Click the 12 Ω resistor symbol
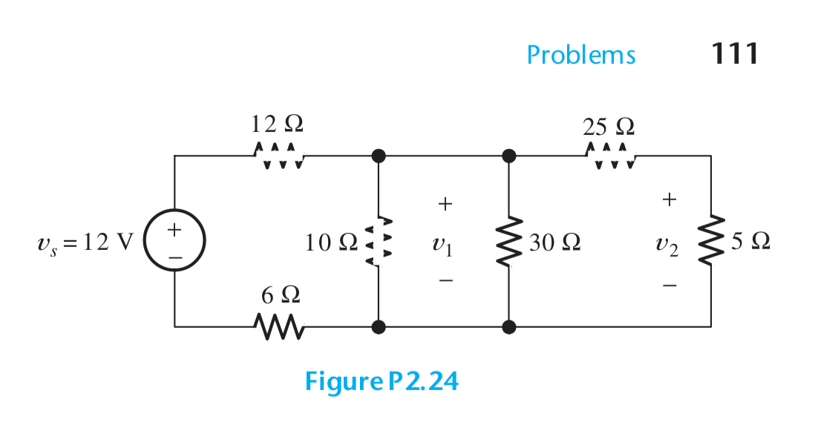point(278,156)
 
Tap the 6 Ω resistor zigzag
point(278,324)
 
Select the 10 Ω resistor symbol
point(379,241)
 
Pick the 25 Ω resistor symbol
point(609,156)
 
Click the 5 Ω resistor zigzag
point(711,241)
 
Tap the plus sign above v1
point(444,202)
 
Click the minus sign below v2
point(670,285)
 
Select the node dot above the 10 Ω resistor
point(379,156)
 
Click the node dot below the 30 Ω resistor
point(508,326)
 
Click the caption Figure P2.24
point(382,381)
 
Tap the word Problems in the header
point(581,55)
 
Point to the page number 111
point(734,53)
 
